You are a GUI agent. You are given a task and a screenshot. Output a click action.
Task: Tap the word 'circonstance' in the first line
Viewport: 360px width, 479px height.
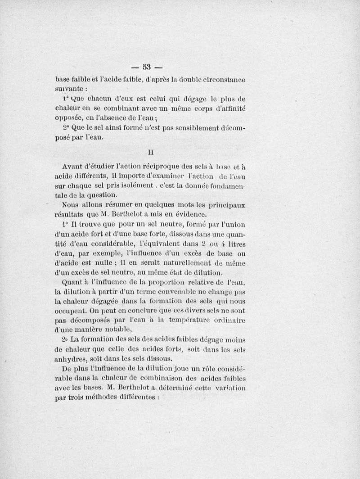coord(222,80)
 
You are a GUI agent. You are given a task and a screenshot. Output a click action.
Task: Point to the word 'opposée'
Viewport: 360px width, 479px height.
coord(67,118)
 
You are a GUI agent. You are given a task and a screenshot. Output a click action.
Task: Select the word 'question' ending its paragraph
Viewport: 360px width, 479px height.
coord(103,195)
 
